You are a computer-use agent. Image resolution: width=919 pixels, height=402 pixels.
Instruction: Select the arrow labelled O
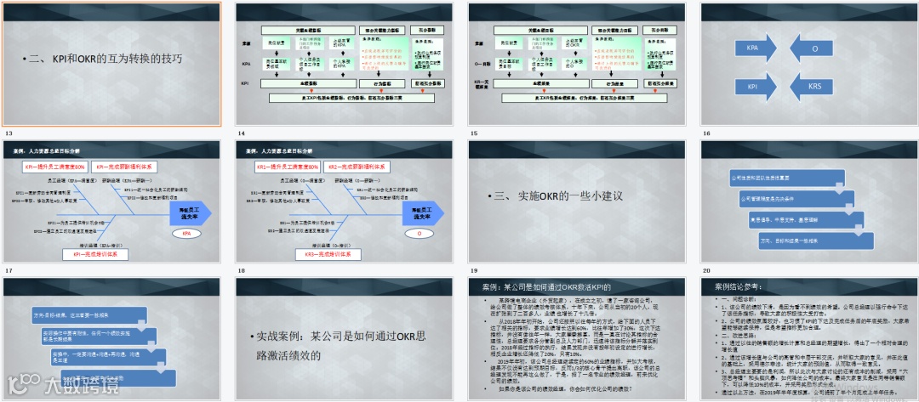coord(813,49)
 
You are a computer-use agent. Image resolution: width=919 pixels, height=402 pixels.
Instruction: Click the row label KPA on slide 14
coord(246,64)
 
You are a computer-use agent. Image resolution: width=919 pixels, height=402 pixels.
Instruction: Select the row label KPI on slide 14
coord(246,84)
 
